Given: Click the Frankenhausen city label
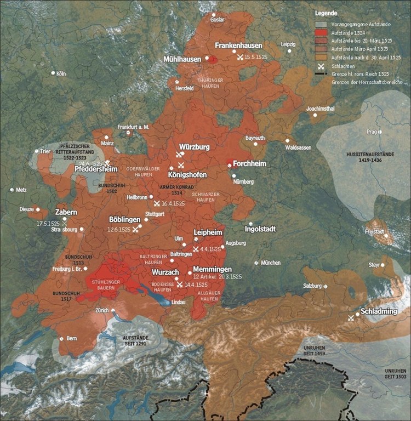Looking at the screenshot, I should pos(238,45).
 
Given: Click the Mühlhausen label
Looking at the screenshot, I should pos(183,59).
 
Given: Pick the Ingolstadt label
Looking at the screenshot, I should pos(268,229).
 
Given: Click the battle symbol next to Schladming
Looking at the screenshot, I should pos(351,318).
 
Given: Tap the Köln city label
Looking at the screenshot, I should pos(60,73).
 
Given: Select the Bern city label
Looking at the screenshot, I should pos(71,339).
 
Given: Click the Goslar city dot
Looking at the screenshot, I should pos(214,14).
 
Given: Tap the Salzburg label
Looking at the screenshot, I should pos(312,286).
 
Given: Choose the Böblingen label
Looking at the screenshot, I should pos(125,219).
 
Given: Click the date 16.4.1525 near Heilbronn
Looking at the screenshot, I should pos(173,203).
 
